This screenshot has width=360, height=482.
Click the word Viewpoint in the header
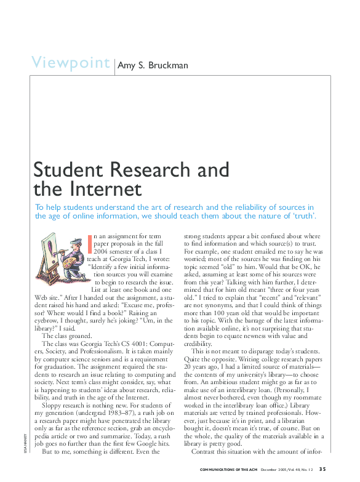click(x=70, y=63)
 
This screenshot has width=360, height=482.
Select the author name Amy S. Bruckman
click(x=153, y=65)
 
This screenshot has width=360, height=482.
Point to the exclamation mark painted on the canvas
click(x=49, y=251)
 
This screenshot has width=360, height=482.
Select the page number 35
click(x=322, y=471)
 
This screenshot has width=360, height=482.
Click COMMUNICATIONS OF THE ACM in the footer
click(x=232, y=472)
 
